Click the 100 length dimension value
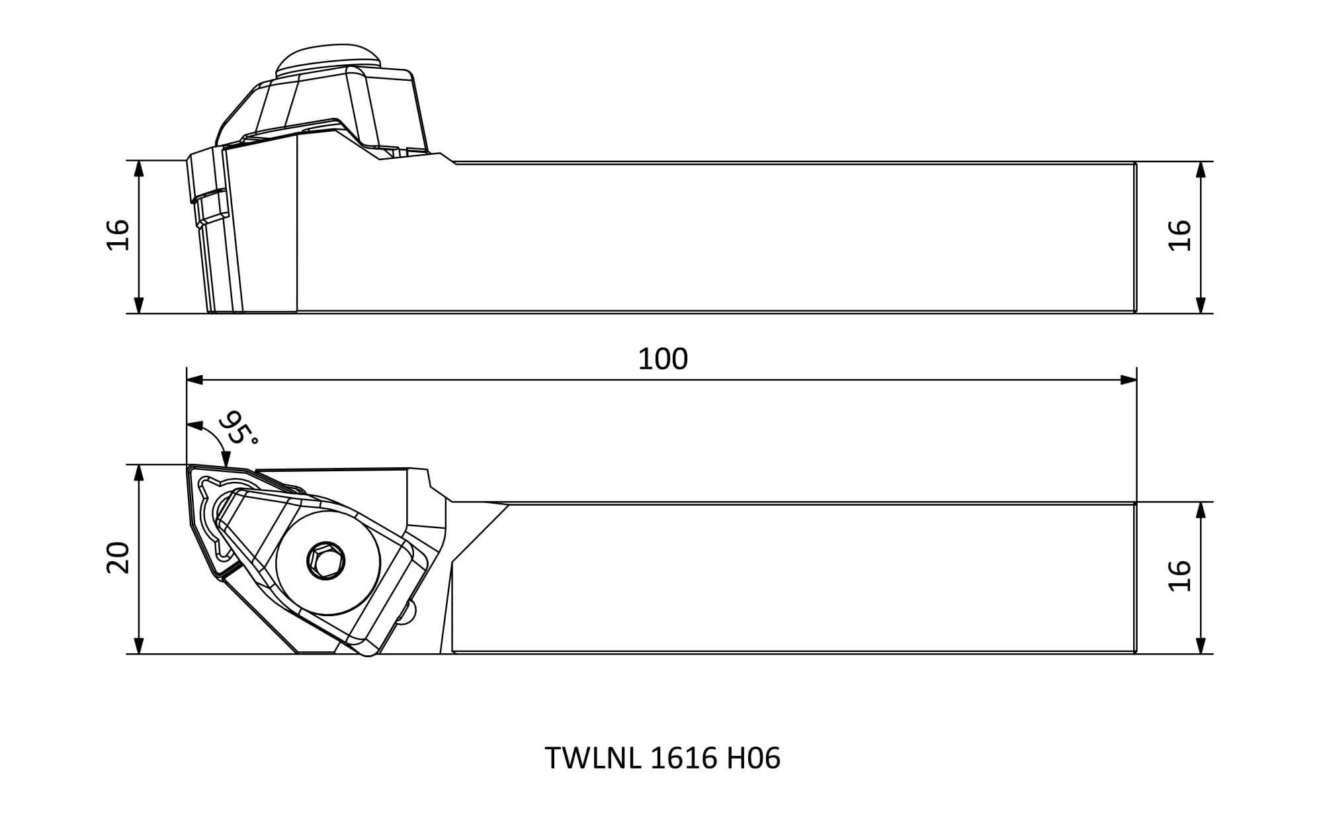(x=663, y=359)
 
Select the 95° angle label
(x=238, y=428)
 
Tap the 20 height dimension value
(x=118, y=557)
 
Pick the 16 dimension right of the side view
(x=1180, y=235)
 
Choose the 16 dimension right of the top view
(x=1180, y=576)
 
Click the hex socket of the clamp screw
(x=327, y=561)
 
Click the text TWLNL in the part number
(x=593, y=758)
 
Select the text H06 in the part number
(x=753, y=758)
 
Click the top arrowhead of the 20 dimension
(x=139, y=473)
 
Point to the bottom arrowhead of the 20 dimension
(x=139, y=646)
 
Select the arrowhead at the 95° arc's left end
(x=194, y=424)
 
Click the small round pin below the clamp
(x=411, y=610)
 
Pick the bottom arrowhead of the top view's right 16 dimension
(x=1201, y=646)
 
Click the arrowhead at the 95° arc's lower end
(x=226, y=459)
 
